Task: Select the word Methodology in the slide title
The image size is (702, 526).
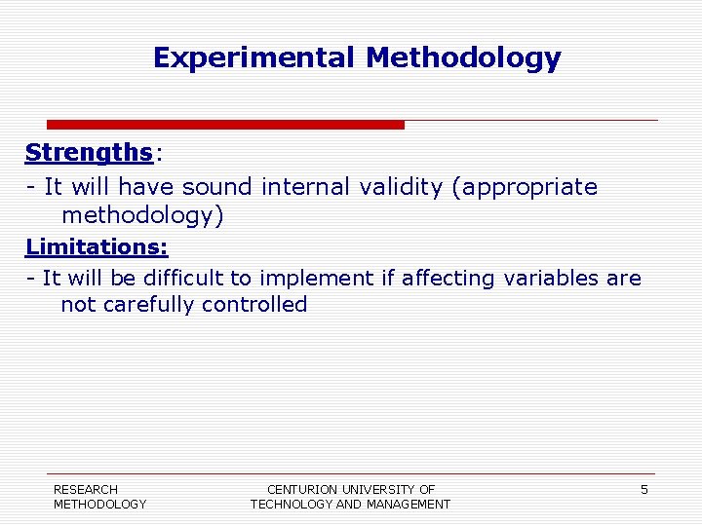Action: [463, 58]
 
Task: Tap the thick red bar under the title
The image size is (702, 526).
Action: [225, 125]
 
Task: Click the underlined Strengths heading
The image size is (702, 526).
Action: [89, 153]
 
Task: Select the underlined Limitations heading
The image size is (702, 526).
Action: [97, 246]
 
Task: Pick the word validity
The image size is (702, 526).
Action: [399, 186]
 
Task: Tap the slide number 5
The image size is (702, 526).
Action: [643, 490]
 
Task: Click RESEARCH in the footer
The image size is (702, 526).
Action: [86, 490]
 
